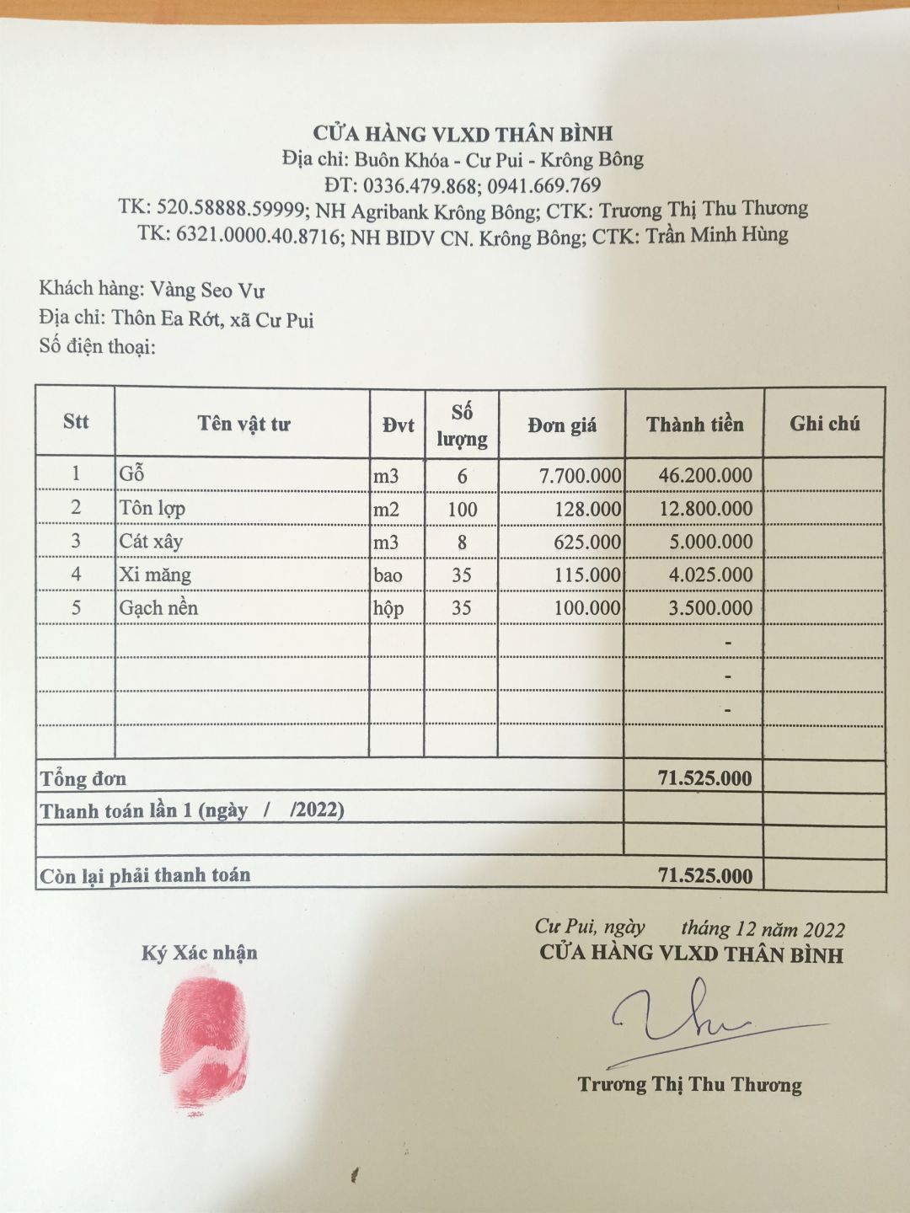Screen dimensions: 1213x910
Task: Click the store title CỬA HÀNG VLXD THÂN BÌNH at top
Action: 463,133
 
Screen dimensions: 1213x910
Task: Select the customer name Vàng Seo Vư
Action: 207,291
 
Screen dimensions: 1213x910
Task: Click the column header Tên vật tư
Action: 244,424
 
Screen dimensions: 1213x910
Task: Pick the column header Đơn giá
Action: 562,425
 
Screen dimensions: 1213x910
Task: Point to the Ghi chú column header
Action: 824,424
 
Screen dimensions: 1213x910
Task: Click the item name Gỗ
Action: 132,474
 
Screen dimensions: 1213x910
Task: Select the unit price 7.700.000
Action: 581,476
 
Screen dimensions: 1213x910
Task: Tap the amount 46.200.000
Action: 705,475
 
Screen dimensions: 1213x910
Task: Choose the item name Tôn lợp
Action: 152,508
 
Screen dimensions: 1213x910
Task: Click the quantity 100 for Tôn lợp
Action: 462,510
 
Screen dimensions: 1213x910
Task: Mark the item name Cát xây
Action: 151,541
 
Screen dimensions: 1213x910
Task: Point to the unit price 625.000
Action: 587,542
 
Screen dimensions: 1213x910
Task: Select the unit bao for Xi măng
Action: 388,575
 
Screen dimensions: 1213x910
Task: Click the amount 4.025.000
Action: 710,575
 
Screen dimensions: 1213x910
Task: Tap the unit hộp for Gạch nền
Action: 388,608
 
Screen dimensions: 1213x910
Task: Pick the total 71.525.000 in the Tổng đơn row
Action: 704,778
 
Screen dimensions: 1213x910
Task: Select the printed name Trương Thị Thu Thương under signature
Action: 689,1085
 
